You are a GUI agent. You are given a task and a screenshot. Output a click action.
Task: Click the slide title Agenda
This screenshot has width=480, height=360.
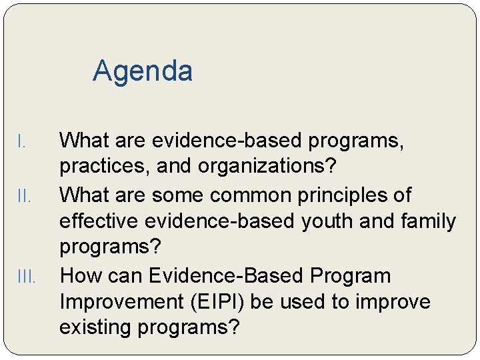click(x=143, y=71)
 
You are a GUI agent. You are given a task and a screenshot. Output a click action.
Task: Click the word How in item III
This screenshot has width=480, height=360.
click(x=81, y=275)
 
